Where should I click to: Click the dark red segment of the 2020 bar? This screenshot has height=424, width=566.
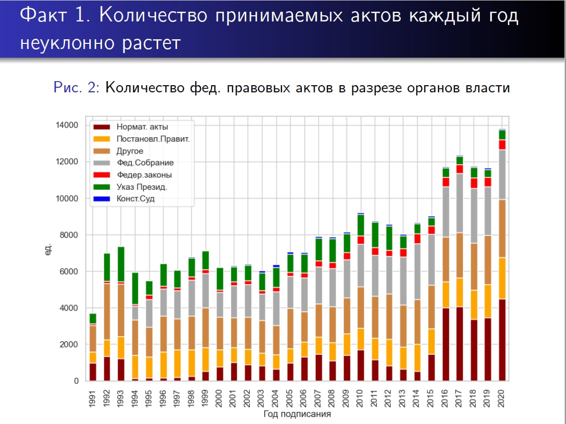click(502, 340)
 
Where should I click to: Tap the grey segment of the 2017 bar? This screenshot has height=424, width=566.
click(459, 203)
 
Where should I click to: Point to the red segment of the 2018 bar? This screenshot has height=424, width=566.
click(474, 183)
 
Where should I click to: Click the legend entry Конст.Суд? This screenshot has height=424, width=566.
click(135, 199)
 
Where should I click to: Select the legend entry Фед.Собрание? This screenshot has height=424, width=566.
click(145, 163)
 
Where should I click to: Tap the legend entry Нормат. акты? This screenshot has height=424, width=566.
click(142, 127)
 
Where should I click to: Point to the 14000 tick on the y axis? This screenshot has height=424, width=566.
click(67, 126)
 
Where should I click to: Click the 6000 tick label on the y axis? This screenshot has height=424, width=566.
click(69, 271)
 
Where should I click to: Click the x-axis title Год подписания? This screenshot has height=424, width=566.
click(297, 414)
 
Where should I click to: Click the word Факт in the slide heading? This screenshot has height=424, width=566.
click(46, 16)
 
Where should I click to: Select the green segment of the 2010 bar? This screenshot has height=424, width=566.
click(361, 225)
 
